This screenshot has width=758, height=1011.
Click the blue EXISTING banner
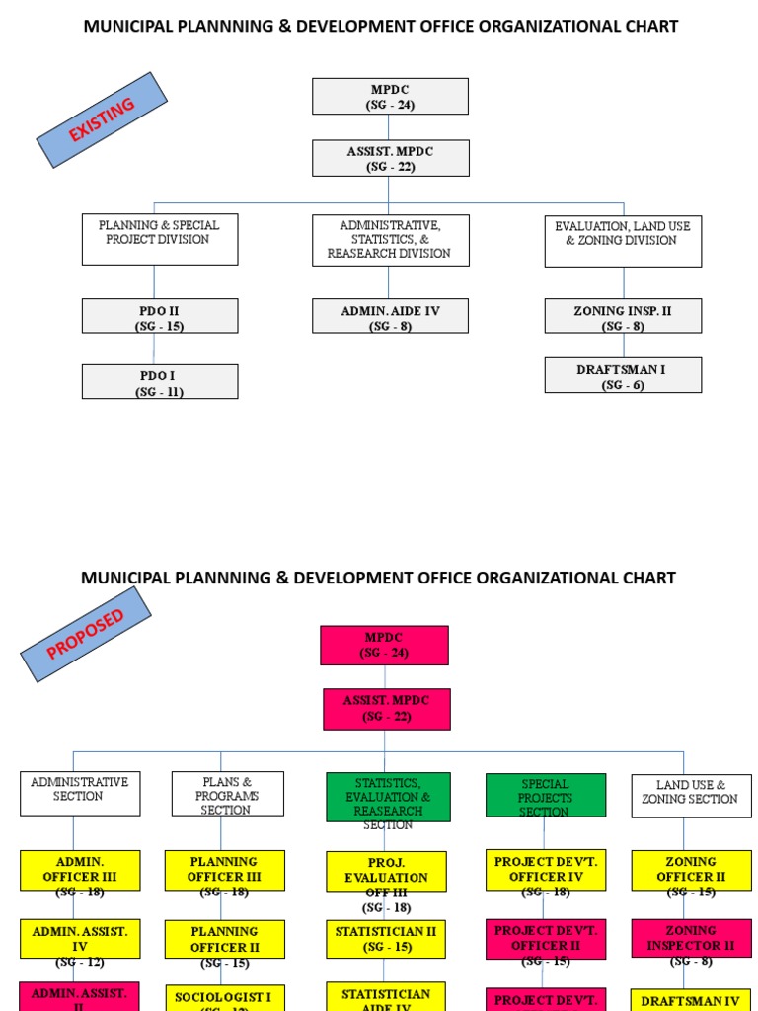[x=102, y=119]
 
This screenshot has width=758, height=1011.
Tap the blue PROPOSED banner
[x=86, y=634]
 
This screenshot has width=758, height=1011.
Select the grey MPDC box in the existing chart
[x=390, y=97]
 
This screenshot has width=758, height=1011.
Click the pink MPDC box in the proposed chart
[x=384, y=645]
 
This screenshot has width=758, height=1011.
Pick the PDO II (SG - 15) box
[x=160, y=316]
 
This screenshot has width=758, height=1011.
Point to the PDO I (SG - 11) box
[x=160, y=382]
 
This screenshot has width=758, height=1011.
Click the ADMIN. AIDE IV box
[x=390, y=316]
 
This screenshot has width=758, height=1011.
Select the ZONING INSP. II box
[x=623, y=316]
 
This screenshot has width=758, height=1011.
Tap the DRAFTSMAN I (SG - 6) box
[x=623, y=375]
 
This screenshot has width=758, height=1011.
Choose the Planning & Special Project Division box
[x=160, y=240]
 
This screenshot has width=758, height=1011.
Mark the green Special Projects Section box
[x=545, y=796]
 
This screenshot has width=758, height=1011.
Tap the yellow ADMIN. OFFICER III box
[x=80, y=870]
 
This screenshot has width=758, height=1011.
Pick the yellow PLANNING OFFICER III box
[x=224, y=870]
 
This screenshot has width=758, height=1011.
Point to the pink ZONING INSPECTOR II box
[x=690, y=939]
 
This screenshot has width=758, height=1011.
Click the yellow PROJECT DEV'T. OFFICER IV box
[x=545, y=870]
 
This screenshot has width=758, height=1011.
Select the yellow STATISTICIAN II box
[x=386, y=939]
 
